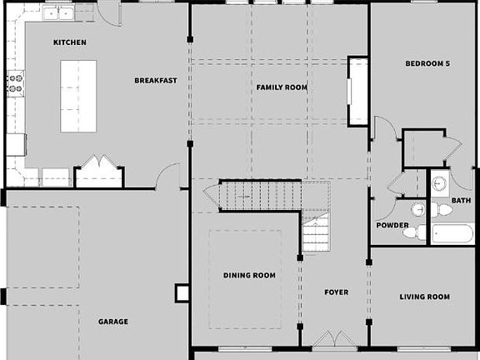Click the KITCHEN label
[70, 42]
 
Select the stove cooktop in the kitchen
[14, 82]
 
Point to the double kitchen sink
[57, 12]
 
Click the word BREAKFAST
[156, 80]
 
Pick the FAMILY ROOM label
[282, 87]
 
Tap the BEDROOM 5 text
[427, 63]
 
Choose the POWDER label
[392, 225]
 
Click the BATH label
[461, 200]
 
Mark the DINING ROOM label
[249, 274]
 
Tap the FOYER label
[337, 292]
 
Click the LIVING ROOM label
[424, 297]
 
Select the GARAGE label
[113, 321]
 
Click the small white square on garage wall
[182, 292]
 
